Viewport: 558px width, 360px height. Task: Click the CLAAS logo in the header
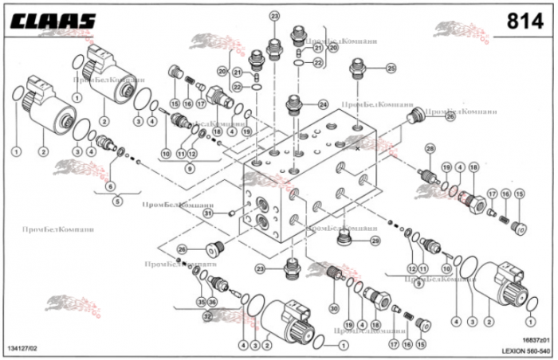coord(53,19)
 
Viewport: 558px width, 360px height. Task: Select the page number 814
coord(526,19)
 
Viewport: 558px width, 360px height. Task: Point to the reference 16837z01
coord(530,340)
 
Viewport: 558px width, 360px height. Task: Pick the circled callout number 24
coord(323,104)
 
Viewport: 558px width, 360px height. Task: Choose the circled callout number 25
coord(391,68)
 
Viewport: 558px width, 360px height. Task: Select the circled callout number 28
coord(430,149)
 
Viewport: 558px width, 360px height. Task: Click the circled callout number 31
coord(206,213)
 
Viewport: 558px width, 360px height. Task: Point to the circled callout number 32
coord(206,316)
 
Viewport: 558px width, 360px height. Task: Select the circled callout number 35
coord(201,301)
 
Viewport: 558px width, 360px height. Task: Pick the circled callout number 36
coord(213,301)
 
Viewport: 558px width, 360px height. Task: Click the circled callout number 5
coord(117,202)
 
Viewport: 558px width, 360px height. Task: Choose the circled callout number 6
coord(110,186)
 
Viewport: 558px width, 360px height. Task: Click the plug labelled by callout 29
coord(345,239)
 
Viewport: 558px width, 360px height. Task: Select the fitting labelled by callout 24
coord(294,106)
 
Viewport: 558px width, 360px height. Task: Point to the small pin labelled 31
coord(230,213)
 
